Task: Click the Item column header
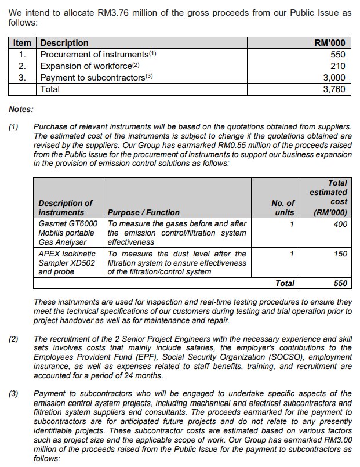tap(22, 43)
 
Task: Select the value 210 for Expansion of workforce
tap(338, 66)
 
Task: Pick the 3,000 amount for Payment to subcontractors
tap(334, 78)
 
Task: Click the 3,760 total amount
tap(334, 89)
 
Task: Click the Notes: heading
tap(21, 108)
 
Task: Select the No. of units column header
tap(283, 208)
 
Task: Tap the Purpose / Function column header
tap(144, 213)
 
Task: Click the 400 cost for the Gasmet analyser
tap(340, 223)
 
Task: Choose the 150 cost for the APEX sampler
tap(340, 254)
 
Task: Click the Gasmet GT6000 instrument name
tap(68, 223)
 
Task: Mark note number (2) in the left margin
tap(13, 339)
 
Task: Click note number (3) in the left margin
tap(13, 394)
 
